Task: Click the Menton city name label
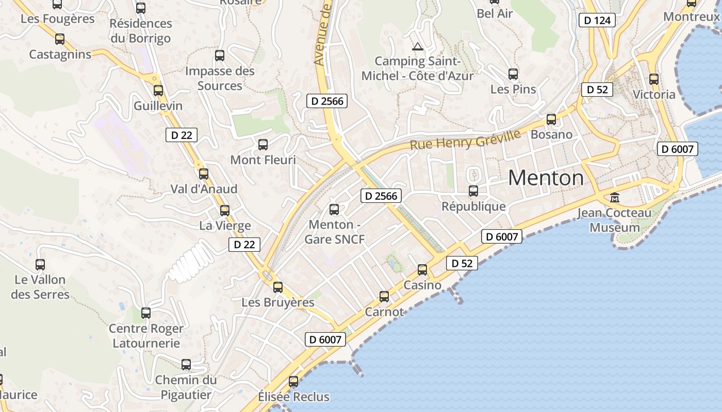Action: click(546, 178)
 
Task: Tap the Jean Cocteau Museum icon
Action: click(614, 197)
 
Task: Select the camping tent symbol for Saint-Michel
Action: click(418, 46)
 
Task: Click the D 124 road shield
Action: click(597, 20)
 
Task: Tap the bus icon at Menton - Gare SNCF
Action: click(334, 209)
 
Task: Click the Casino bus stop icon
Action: click(422, 269)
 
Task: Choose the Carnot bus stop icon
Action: click(384, 296)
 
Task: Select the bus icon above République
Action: click(473, 191)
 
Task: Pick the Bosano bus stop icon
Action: click(551, 119)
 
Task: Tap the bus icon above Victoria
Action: click(654, 79)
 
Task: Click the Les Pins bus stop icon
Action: click(513, 74)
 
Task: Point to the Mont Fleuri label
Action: click(263, 160)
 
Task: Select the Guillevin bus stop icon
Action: click(158, 91)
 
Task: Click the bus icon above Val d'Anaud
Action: click(204, 174)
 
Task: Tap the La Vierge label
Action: click(225, 226)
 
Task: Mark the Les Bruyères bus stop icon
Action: click(278, 287)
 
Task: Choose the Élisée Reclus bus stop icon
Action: click(293, 382)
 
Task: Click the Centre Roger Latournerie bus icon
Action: click(146, 313)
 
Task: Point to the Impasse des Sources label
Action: click(220, 78)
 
